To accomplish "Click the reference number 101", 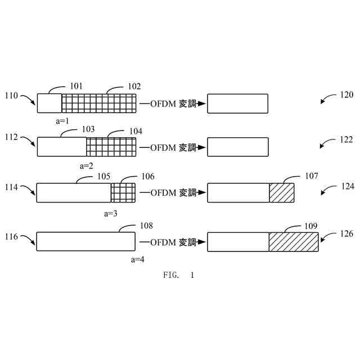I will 76,86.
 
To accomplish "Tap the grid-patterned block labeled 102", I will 98,103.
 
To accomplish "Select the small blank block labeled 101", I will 49,103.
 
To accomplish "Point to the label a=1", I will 62,121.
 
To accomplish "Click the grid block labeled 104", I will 111,147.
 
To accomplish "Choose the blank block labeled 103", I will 62,147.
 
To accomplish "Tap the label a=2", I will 86,166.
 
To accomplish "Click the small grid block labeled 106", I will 123,192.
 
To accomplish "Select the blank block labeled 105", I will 74,192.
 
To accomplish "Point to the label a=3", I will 111,213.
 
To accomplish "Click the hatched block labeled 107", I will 281,192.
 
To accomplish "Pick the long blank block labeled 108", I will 86,241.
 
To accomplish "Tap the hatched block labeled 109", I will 293,241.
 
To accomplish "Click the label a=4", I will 137,259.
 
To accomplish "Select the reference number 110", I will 11,96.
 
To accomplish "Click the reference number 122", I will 346,139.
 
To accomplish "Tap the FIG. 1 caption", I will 178,275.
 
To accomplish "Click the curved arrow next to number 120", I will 327,100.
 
